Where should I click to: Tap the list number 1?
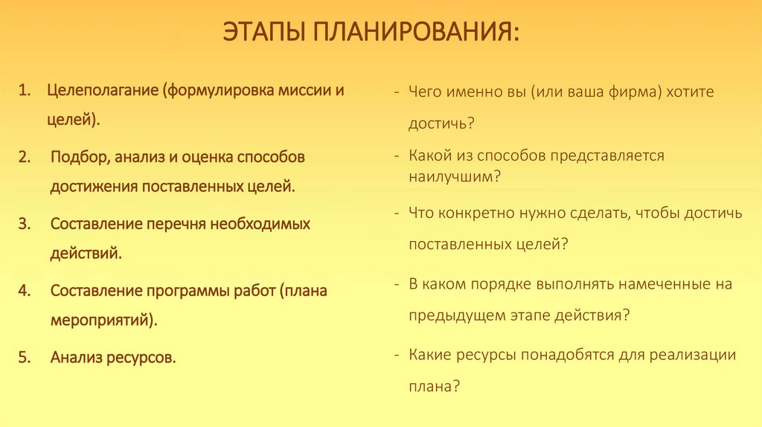tap(24, 91)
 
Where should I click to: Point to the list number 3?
tap(24, 224)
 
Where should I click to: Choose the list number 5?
tap(24, 358)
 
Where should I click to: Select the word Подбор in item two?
tap(80, 158)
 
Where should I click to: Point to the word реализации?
tap(692, 355)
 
